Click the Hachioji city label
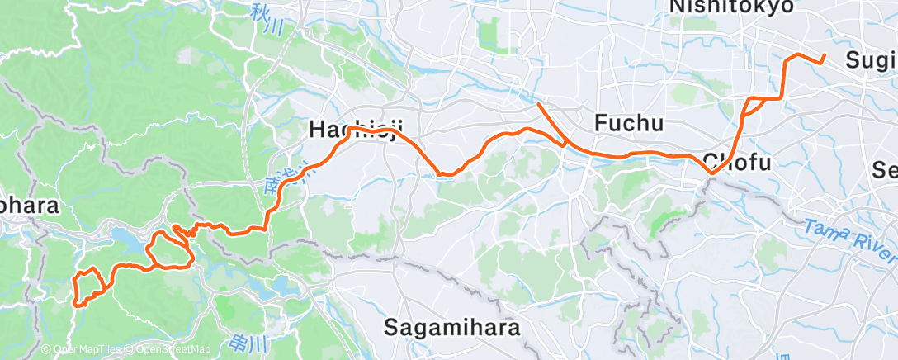(x=357, y=130)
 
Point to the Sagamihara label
(x=453, y=327)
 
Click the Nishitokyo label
(x=732, y=7)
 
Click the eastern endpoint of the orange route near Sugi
(x=825, y=56)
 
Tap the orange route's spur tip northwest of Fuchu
(x=538, y=104)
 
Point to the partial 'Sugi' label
(x=870, y=59)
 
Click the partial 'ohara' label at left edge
(x=29, y=206)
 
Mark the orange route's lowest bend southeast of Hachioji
(x=444, y=174)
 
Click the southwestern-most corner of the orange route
(x=77, y=304)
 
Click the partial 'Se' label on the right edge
(x=886, y=170)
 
